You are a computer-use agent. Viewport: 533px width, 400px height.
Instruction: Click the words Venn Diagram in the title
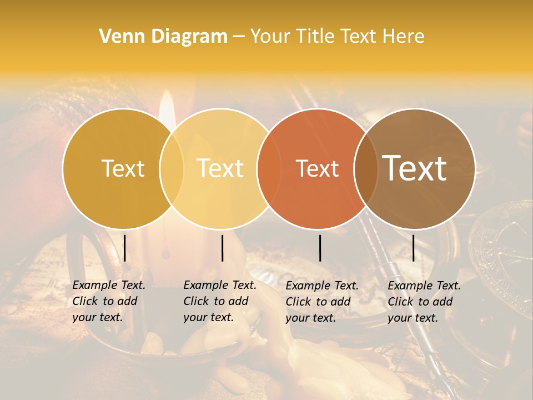[x=163, y=36]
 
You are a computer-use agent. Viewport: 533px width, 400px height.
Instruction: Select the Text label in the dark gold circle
[x=123, y=168]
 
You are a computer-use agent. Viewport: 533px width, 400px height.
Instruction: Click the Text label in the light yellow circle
[x=220, y=168]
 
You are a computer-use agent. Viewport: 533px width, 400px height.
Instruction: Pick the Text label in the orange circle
[x=318, y=168]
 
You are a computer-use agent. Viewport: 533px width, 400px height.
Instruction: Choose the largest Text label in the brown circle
[x=415, y=168]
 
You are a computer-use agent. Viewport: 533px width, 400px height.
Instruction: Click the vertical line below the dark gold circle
[x=125, y=248]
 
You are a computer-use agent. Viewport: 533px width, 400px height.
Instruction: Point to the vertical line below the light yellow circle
[x=222, y=248]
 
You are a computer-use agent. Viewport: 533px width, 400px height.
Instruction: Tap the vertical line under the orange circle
[x=320, y=248]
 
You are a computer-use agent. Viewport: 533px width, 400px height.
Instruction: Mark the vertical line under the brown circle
[x=414, y=248]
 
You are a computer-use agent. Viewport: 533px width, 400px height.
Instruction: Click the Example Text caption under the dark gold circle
[x=108, y=301]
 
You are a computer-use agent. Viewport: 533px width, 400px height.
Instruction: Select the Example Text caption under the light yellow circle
[x=219, y=301]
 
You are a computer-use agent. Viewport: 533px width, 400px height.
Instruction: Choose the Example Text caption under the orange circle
[x=321, y=302]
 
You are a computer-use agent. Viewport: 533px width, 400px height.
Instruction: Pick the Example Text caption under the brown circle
[x=424, y=302]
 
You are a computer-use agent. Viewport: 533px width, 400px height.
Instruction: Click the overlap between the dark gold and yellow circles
[x=172, y=168]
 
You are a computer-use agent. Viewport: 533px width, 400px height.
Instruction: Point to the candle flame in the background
[x=167, y=108]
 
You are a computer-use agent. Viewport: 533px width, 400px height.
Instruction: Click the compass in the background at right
[x=502, y=250]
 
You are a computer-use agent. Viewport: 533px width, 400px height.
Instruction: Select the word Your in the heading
[x=271, y=36]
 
